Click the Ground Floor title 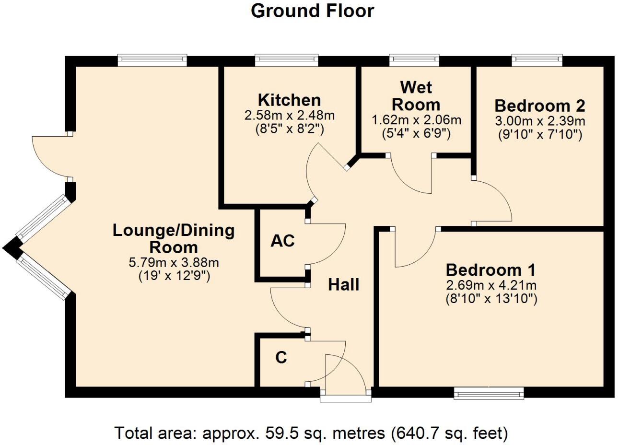click(312, 11)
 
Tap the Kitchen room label click(289, 100)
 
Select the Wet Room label click(416, 96)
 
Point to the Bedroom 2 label click(540, 105)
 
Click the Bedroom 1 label click(491, 269)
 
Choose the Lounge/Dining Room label click(174, 239)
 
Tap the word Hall click(343, 285)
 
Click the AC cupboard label click(282, 241)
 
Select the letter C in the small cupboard click(281, 357)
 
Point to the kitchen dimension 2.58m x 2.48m click(289, 116)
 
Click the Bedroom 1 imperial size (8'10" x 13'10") click(491, 299)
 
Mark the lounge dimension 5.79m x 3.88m click(174, 263)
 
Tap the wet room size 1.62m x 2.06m click(416, 120)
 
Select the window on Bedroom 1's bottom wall click(489, 394)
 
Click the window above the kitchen click(286, 60)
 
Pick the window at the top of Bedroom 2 click(537, 60)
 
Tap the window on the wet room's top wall click(414, 60)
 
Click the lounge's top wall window click(152, 60)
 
